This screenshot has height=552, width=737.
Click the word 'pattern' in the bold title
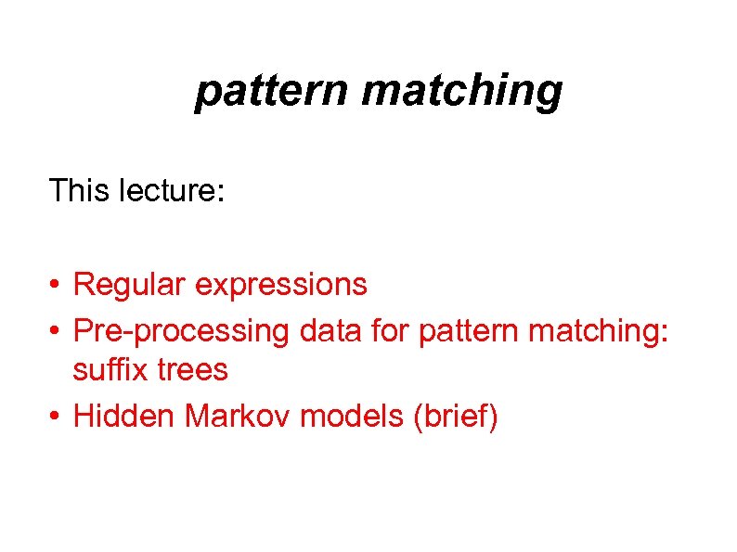click(x=271, y=91)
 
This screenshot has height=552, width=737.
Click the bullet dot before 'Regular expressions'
click(x=57, y=285)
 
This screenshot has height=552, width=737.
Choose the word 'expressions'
click(x=281, y=284)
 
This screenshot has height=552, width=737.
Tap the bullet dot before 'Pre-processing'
click(x=57, y=328)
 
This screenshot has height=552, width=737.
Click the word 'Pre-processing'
click(x=180, y=328)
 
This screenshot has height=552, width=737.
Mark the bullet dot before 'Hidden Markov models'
click(x=57, y=417)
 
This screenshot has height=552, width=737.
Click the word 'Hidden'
click(x=124, y=417)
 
